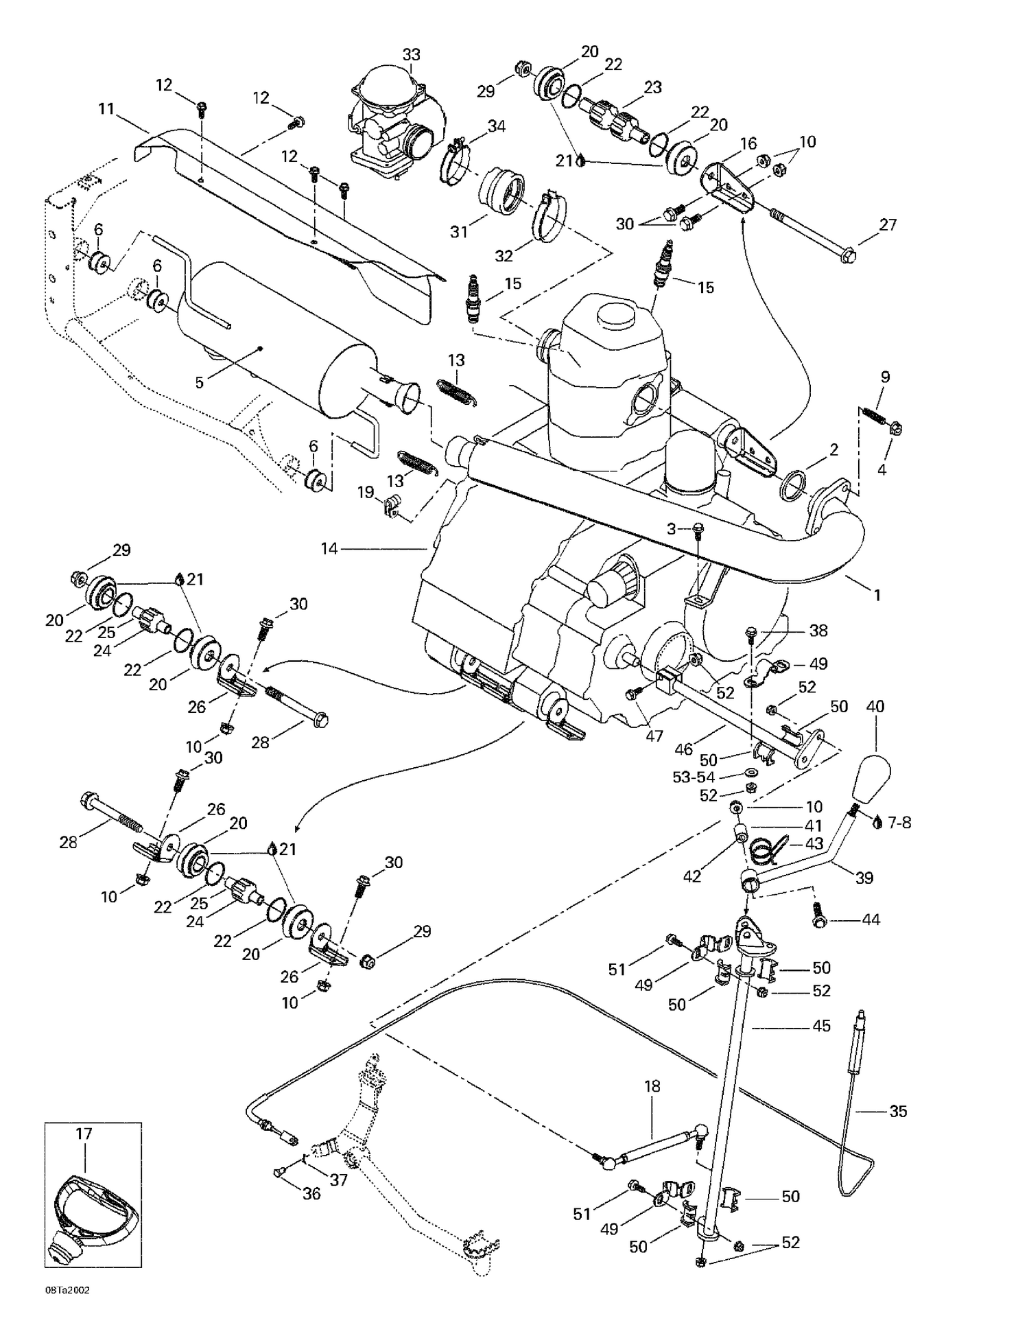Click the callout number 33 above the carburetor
coord(411,54)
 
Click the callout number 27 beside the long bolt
coord(888,224)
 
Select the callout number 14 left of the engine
coord(329,548)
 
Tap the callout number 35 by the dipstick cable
coord(898,1111)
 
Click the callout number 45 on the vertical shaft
coord(821,1026)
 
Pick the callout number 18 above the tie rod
coord(652,1086)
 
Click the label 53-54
coord(693,777)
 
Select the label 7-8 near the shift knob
coord(899,822)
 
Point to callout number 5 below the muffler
coord(200,382)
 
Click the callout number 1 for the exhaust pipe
coord(876,595)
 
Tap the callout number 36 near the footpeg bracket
coord(311,1193)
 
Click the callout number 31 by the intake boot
coord(458,232)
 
